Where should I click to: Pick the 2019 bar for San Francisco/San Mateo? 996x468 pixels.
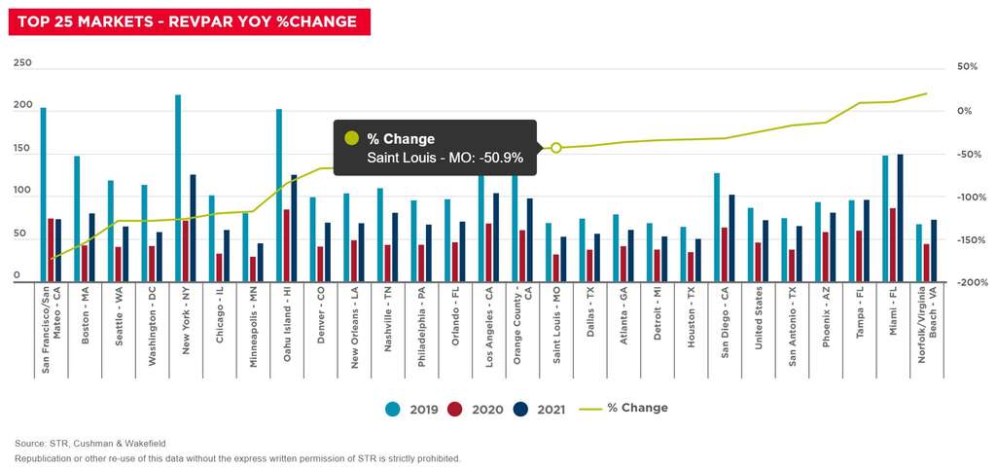[x=43, y=195]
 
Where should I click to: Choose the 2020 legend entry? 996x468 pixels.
[x=478, y=409]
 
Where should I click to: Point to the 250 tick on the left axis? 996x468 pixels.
[x=22, y=63]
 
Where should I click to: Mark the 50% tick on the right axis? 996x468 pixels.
[x=967, y=66]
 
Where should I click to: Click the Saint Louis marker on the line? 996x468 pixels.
[x=556, y=148]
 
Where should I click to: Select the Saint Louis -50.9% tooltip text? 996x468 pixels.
[x=445, y=157]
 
